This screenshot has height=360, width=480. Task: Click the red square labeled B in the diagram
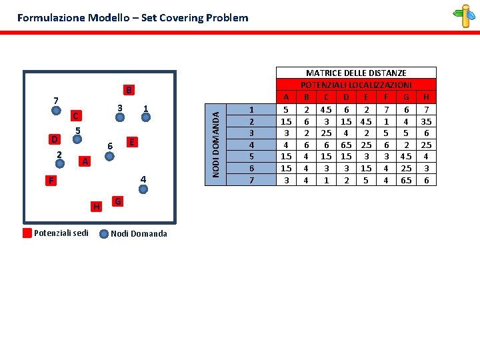(130, 89)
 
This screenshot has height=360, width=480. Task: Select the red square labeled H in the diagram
(97, 207)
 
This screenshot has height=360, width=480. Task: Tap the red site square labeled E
(133, 142)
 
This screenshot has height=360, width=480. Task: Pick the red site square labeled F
(51, 180)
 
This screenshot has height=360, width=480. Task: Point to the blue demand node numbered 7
(57, 111)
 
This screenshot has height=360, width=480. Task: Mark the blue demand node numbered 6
(111, 157)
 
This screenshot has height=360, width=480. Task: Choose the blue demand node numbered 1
(147, 118)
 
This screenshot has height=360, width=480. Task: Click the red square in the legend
(27, 233)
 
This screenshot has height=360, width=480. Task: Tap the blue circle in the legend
(104, 233)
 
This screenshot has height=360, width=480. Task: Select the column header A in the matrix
(286, 97)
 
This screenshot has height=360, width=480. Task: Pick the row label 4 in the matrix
(251, 145)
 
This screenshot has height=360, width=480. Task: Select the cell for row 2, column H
(427, 121)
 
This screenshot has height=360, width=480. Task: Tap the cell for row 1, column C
(326, 109)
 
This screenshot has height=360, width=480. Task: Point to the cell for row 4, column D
(346, 145)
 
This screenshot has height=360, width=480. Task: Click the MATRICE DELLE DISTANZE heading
(356, 73)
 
